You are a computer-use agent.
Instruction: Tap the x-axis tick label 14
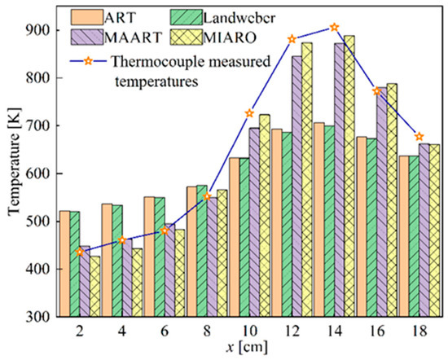(335, 332)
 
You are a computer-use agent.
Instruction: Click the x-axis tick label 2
(80, 332)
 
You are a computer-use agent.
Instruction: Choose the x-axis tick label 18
(419, 332)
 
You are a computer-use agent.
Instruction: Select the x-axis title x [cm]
(249, 348)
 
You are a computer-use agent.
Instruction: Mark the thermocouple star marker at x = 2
(80, 252)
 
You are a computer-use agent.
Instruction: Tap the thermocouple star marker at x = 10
(249, 112)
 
